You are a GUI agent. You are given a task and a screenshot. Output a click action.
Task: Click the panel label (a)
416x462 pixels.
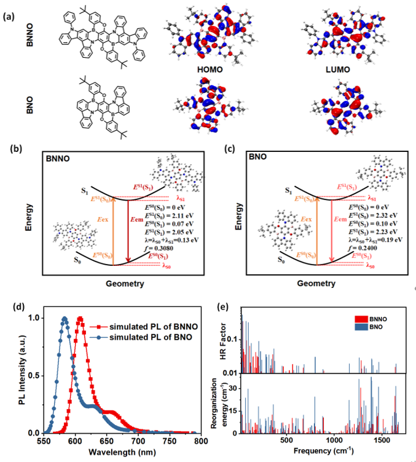9,17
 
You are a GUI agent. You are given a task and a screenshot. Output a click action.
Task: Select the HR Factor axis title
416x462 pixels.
225,340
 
